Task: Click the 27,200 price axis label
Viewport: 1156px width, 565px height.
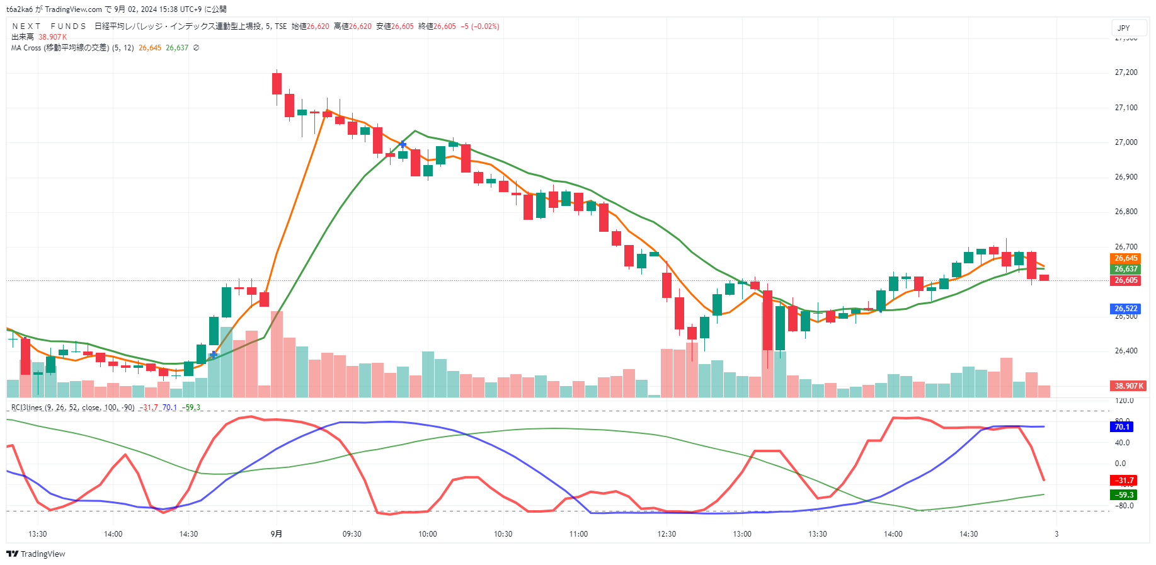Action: click(1126, 72)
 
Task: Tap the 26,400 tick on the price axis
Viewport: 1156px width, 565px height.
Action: click(1126, 351)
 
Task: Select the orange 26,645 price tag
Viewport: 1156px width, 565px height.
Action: click(1126, 258)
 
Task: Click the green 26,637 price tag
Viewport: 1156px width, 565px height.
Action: click(1126, 269)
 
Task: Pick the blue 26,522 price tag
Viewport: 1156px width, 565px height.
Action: click(1126, 309)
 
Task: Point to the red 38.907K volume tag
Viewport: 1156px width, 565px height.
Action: click(1128, 386)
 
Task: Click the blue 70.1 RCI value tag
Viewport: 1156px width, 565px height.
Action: click(1122, 427)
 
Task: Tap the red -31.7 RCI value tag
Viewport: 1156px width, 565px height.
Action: click(1123, 481)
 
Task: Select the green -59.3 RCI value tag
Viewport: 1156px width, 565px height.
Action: click(1123, 495)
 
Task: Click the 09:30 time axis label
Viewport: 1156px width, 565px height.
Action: click(352, 534)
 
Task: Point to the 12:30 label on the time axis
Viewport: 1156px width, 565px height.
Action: click(667, 534)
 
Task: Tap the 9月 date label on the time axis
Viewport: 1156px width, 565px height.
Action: click(276, 534)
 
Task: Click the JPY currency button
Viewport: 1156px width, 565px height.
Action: click(1124, 28)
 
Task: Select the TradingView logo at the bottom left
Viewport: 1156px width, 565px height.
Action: click(36, 554)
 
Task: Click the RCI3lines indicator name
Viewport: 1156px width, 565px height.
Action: click(26, 408)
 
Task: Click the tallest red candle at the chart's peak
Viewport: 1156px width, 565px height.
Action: click(277, 83)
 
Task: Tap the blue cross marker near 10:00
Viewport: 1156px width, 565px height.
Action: click(403, 145)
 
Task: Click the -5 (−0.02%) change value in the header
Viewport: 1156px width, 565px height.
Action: click(480, 26)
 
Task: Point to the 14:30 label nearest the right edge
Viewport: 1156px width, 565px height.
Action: click(968, 534)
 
